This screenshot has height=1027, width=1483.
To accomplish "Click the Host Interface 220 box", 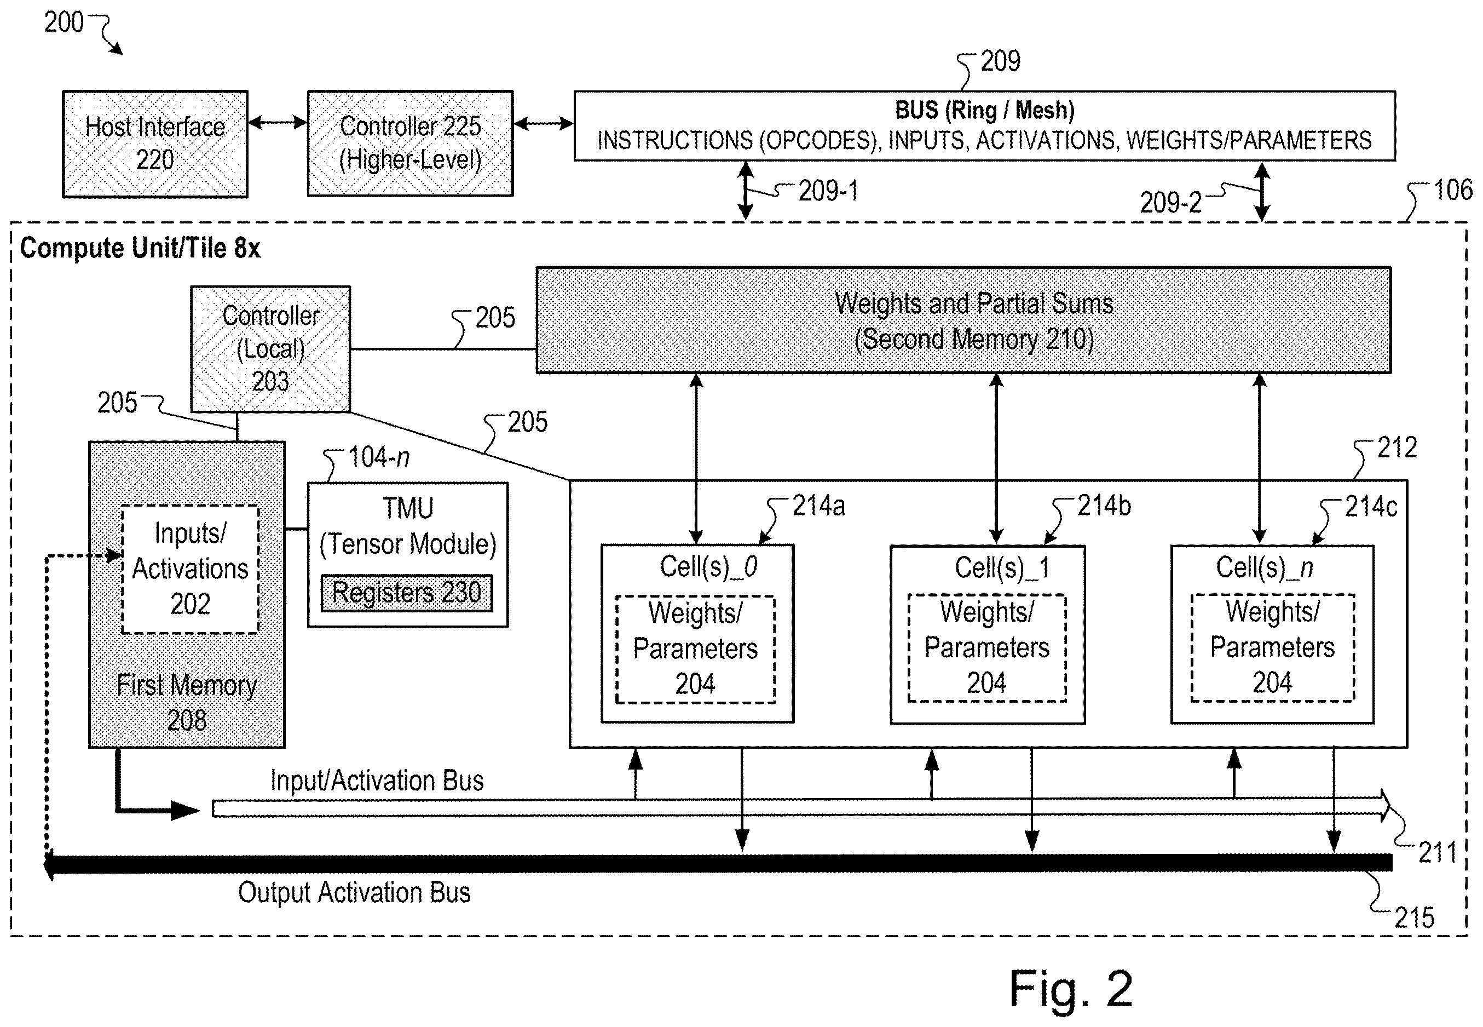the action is coord(155,144).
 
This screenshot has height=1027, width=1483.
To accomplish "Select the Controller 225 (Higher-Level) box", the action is coord(410,143).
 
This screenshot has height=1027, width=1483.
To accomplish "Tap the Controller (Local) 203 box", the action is coord(271,349).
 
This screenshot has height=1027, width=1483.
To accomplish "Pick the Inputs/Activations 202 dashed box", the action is coord(191,569).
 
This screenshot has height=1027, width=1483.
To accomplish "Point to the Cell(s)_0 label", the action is coord(709,567).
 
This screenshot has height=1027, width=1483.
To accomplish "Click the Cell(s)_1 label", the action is coord(1002,567).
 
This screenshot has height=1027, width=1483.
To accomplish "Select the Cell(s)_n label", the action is coord(1265,567).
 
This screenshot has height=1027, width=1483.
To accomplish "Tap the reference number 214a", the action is coord(818,506).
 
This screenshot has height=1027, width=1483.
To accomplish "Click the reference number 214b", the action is coord(1104,506).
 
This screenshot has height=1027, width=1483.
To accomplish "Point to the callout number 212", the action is coord(1397,448).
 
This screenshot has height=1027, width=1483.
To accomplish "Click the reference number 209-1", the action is coord(828,191).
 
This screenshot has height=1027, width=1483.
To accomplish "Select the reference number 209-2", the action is coord(1170,203).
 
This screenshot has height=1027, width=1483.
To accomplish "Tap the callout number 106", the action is coord(1453,190).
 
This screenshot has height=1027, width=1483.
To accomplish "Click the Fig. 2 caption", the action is coord(1071,989).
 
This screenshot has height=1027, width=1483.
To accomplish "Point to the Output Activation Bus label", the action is coord(354,892).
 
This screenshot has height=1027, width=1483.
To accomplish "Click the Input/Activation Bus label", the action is coord(377,781).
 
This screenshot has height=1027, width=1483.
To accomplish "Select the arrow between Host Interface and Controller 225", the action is coord(278,122).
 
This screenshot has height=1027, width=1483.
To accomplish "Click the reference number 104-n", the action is coord(379,457).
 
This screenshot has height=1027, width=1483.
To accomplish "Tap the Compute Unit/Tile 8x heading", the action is coord(140,248).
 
